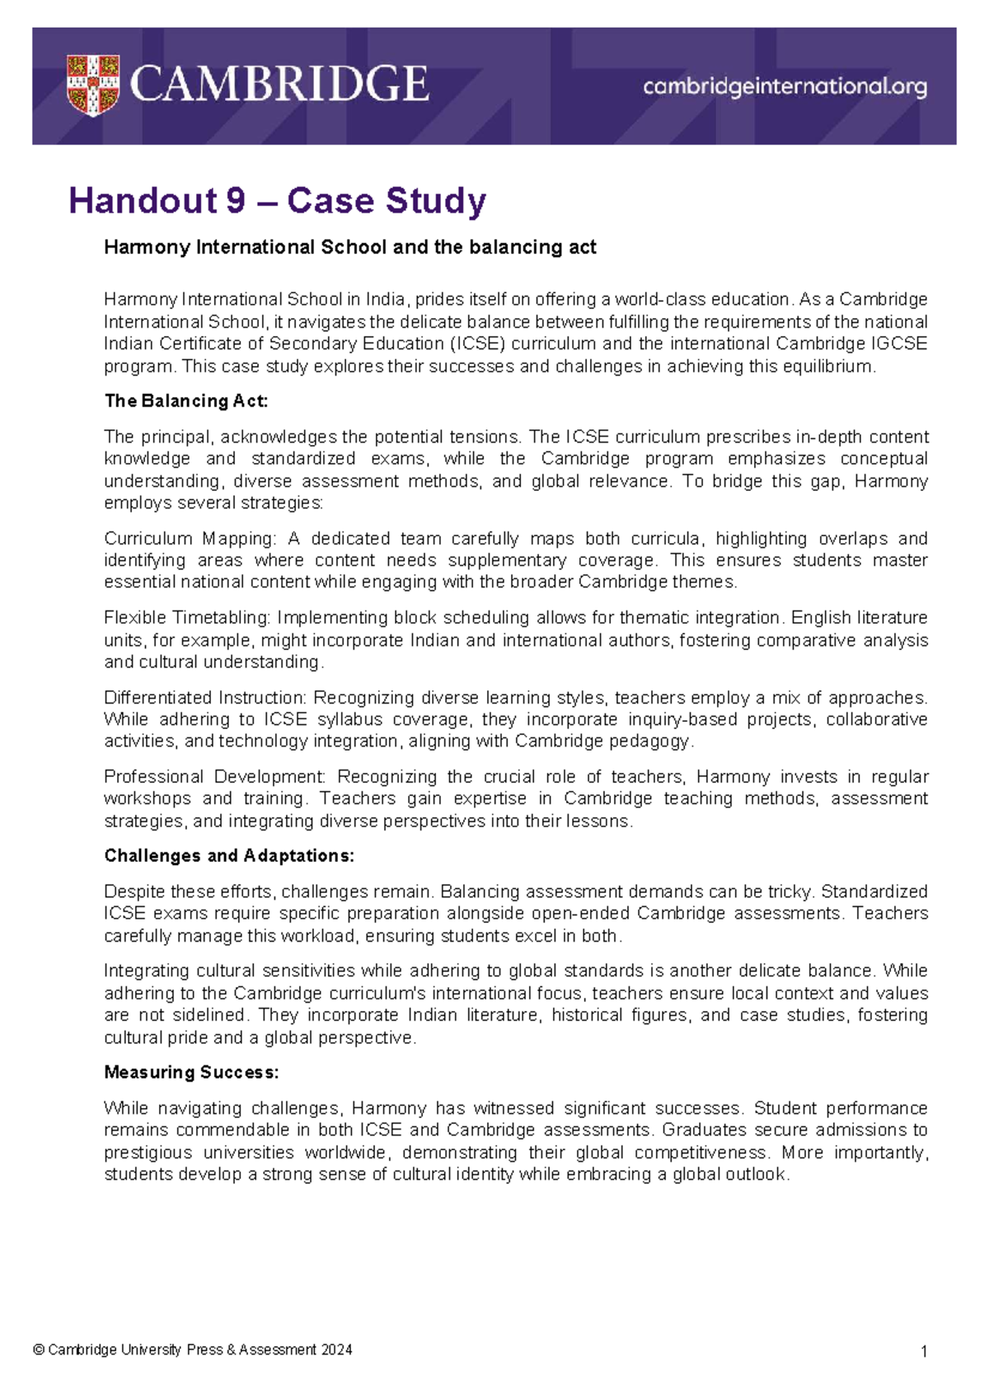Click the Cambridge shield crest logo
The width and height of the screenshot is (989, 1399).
click(x=92, y=86)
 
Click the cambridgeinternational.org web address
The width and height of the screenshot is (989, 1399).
click(x=785, y=86)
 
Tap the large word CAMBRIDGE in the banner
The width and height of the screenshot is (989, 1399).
click(x=279, y=85)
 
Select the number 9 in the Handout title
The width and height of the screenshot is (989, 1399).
click(x=235, y=200)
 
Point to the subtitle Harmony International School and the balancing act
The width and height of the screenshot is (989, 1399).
click(x=349, y=247)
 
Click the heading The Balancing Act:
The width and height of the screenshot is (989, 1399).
click(x=186, y=401)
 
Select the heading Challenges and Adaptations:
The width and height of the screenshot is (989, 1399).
click(x=229, y=856)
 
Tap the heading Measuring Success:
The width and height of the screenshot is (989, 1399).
click(x=191, y=1073)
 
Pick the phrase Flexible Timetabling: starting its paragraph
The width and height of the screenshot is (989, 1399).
click(x=188, y=618)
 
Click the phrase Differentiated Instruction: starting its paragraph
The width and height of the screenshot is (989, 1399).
click(x=206, y=698)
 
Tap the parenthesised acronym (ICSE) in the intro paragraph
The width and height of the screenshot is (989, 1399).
click(x=477, y=344)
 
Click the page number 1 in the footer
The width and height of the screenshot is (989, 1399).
click(x=924, y=1351)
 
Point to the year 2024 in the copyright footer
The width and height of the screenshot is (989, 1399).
click(x=337, y=1350)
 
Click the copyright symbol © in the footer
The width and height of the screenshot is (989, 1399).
click(x=39, y=1350)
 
